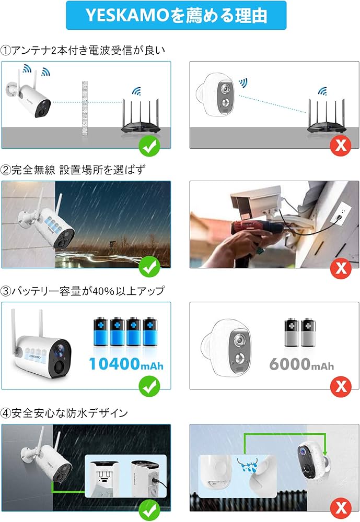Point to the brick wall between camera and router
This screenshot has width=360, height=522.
83,109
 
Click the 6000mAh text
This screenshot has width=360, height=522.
301,364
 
